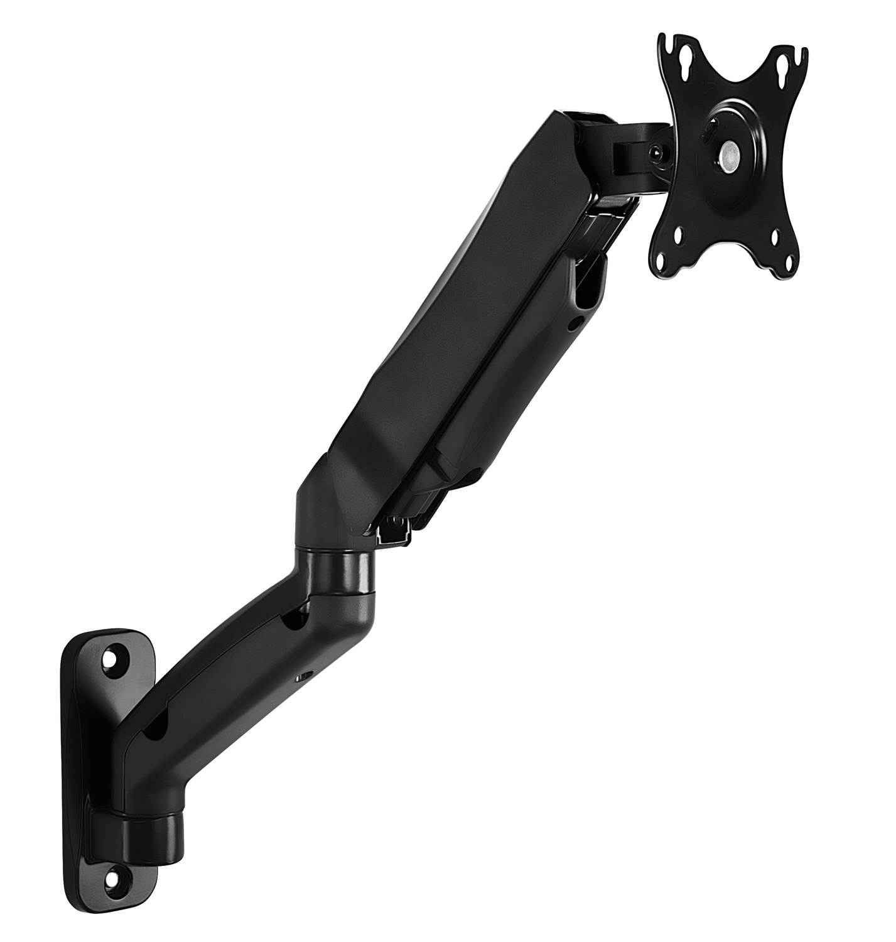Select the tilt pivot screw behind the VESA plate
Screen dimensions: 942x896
click(656, 151)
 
